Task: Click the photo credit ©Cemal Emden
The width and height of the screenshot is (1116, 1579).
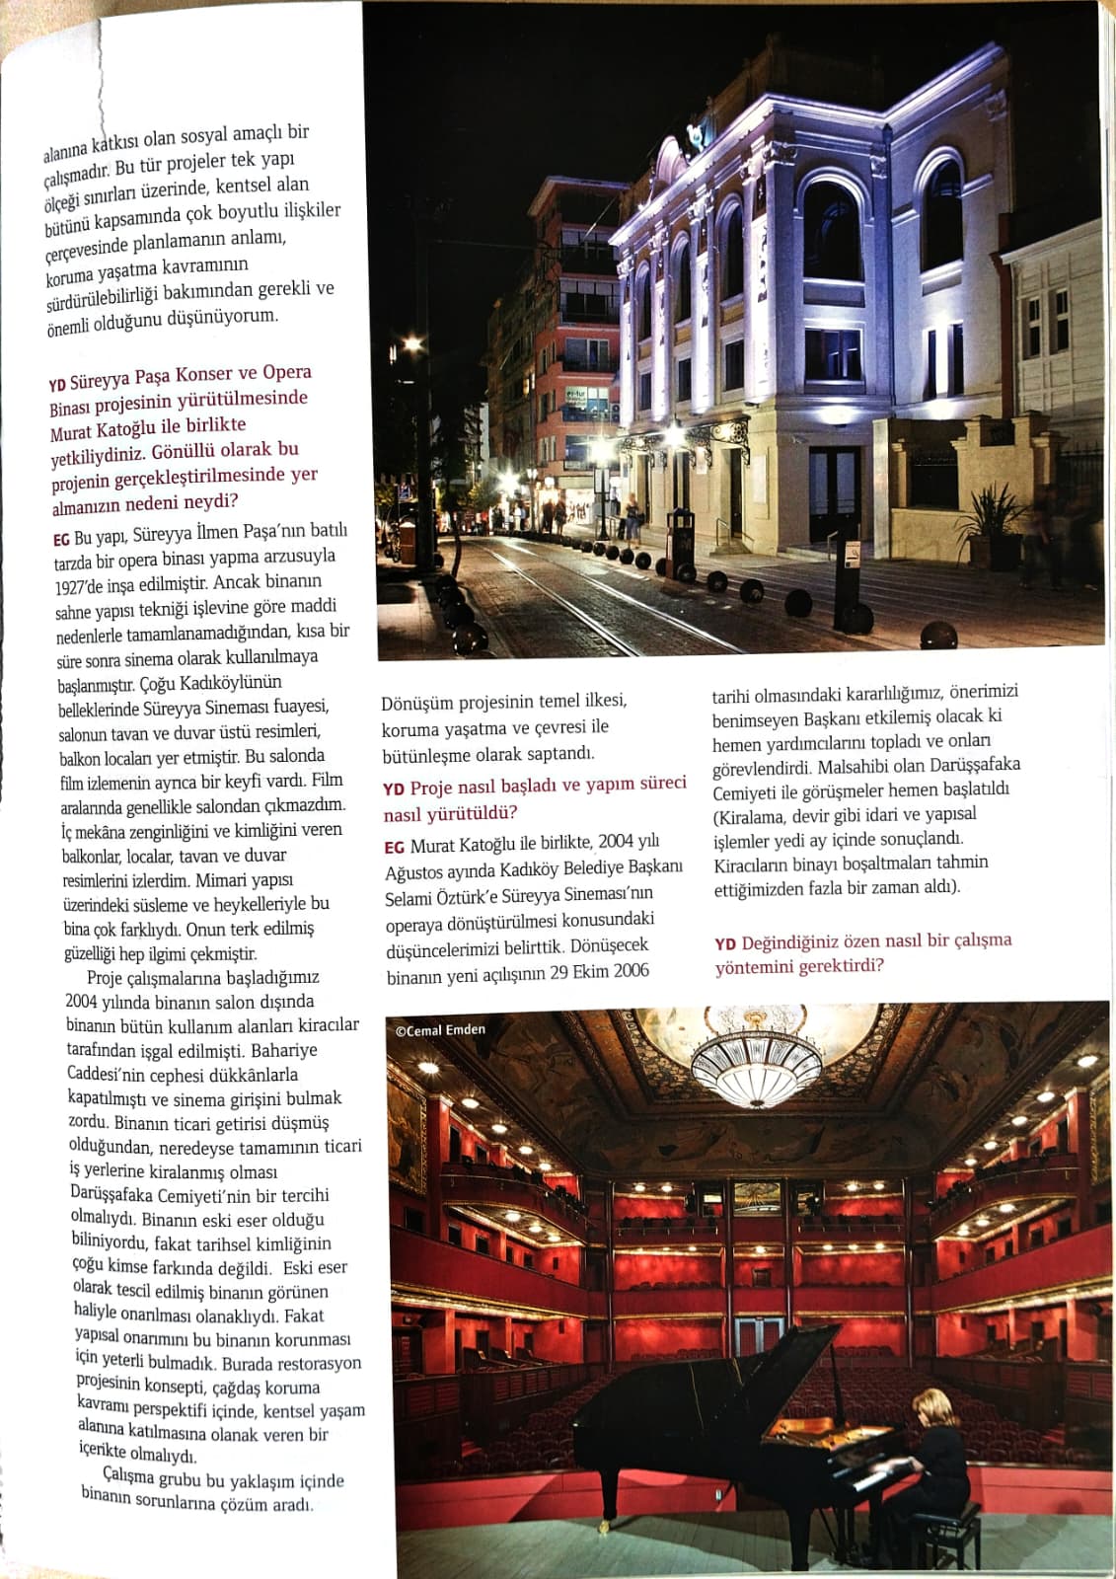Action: (440, 1029)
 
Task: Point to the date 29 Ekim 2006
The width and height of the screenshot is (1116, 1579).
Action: (601, 970)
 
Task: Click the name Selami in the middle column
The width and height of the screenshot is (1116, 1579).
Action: (407, 893)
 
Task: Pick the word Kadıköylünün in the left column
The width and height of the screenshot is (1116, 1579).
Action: (233, 682)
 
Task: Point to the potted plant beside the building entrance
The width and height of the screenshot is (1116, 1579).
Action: (991, 522)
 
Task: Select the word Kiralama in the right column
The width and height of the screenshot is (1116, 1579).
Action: (750, 815)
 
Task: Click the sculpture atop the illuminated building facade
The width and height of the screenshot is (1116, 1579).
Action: (697, 129)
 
